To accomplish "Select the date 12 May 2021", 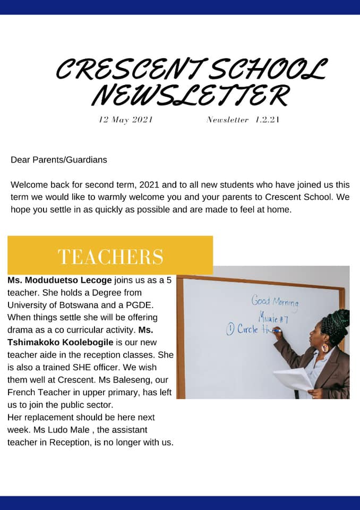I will (x=126, y=120).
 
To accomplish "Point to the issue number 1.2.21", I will (x=267, y=120).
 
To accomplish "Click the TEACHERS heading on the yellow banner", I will (x=110, y=256).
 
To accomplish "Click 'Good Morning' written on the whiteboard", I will (x=275, y=302).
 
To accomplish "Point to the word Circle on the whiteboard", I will (x=247, y=329).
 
